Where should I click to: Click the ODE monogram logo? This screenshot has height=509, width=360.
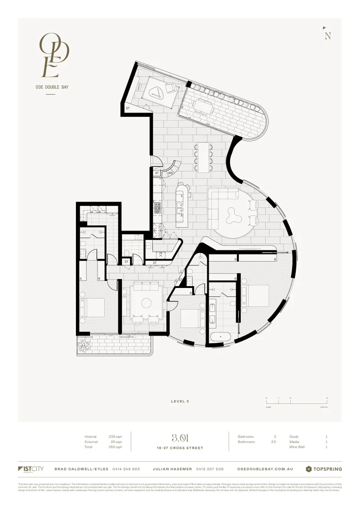click(54, 55)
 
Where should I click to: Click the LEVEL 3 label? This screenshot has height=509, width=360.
click(180, 401)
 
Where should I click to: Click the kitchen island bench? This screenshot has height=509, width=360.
click(180, 205)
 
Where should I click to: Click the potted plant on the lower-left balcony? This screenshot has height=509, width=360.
click(84, 346)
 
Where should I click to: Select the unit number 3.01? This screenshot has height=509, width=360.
click(180, 438)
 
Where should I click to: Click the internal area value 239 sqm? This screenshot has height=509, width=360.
click(115, 436)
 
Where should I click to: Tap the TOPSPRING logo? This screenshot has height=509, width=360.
click(324, 469)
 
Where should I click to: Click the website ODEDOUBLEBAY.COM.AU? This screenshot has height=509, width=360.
click(265, 469)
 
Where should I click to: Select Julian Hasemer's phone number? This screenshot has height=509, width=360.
click(208, 469)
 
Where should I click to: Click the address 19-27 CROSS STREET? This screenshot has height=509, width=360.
click(180, 448)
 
